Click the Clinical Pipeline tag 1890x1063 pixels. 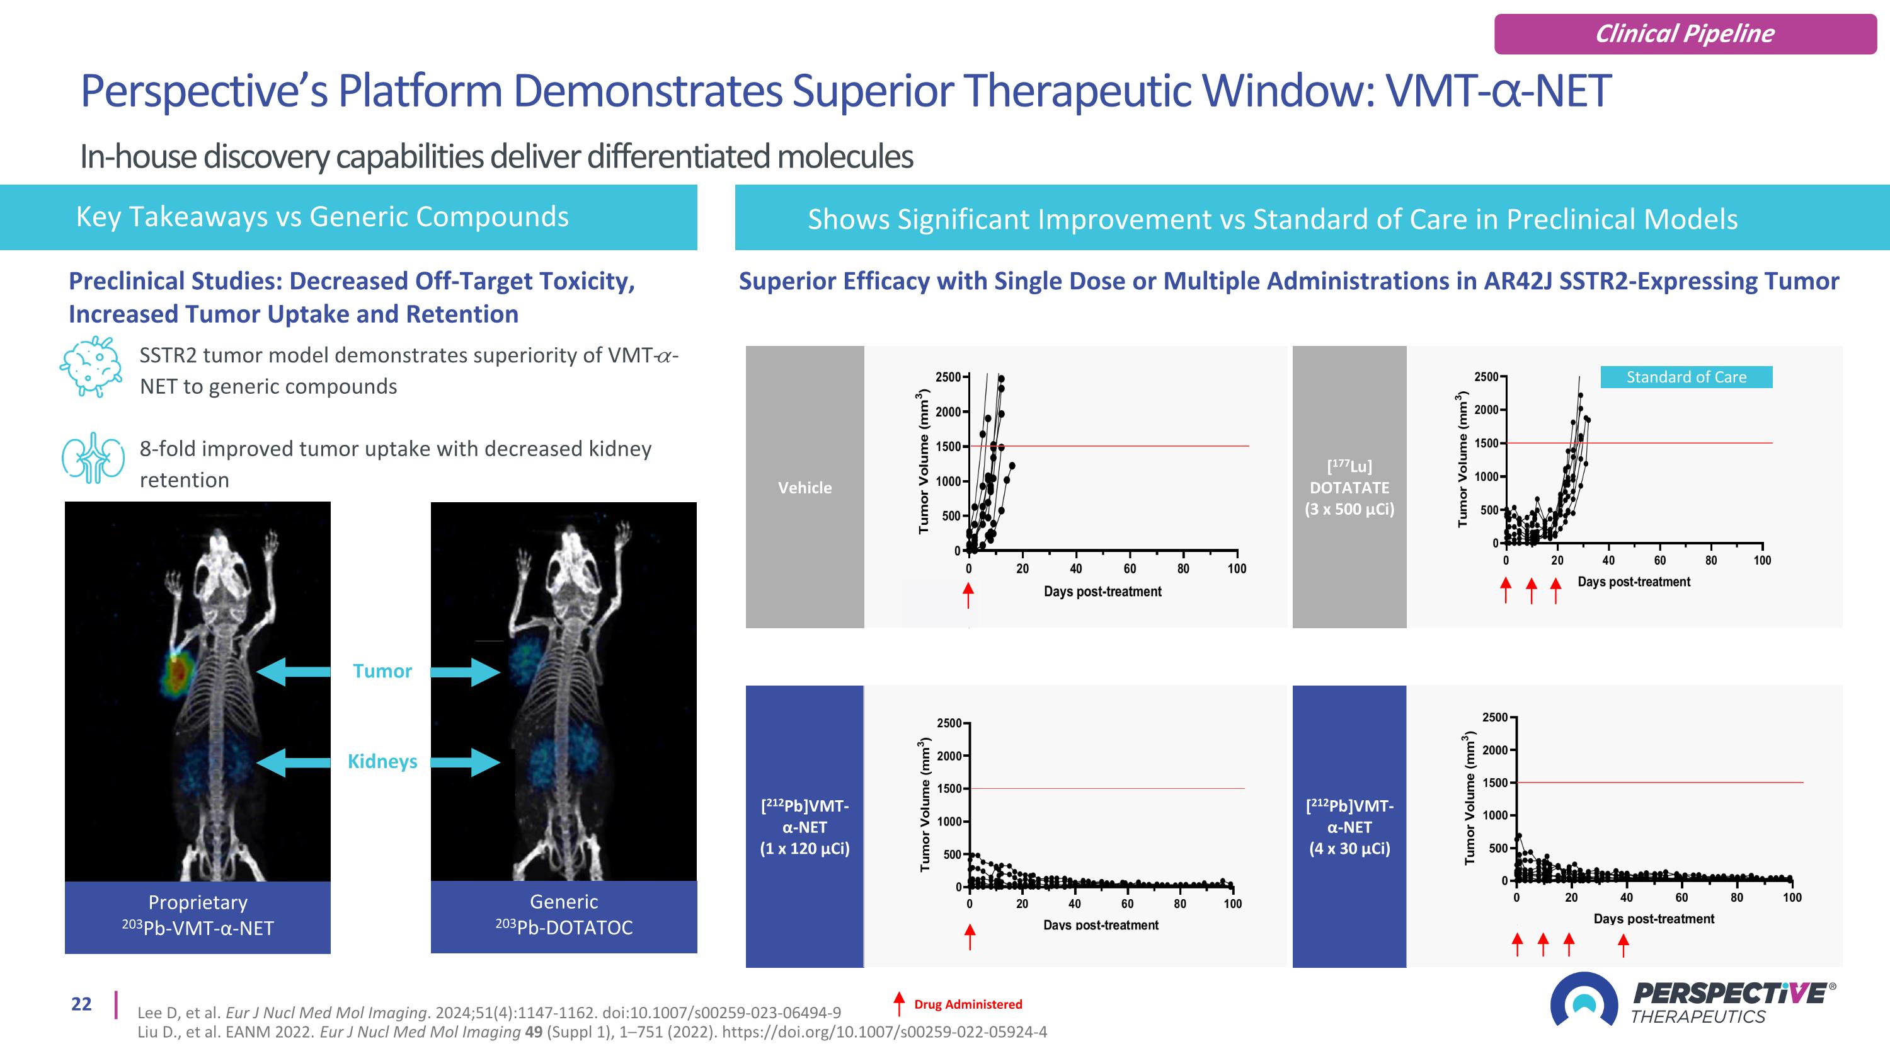point(1685,34)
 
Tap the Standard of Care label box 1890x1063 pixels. point(1686,377)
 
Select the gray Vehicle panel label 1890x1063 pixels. point(805,487)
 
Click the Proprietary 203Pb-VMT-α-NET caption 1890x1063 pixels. point(197,916)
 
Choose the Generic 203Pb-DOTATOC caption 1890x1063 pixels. point(563,916)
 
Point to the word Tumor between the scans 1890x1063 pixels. point(382,671)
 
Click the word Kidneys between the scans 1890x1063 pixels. point(382,761)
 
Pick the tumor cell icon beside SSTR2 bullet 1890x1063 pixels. point(90,366)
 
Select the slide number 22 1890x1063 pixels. point(81,1004)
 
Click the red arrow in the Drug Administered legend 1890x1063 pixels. point(899,1004)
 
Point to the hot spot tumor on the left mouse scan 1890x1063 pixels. point(177,671)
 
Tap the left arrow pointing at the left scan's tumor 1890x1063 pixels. point(293,671)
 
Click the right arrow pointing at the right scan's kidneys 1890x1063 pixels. point(464,761)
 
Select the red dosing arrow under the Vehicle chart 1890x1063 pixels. point(968,594)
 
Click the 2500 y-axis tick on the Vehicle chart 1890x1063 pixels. point(948,377)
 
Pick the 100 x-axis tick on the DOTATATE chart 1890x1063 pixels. point(1761,560)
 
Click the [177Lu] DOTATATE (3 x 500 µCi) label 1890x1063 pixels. point(1349,487)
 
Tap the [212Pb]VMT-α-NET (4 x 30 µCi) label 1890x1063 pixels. point(1349,827)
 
